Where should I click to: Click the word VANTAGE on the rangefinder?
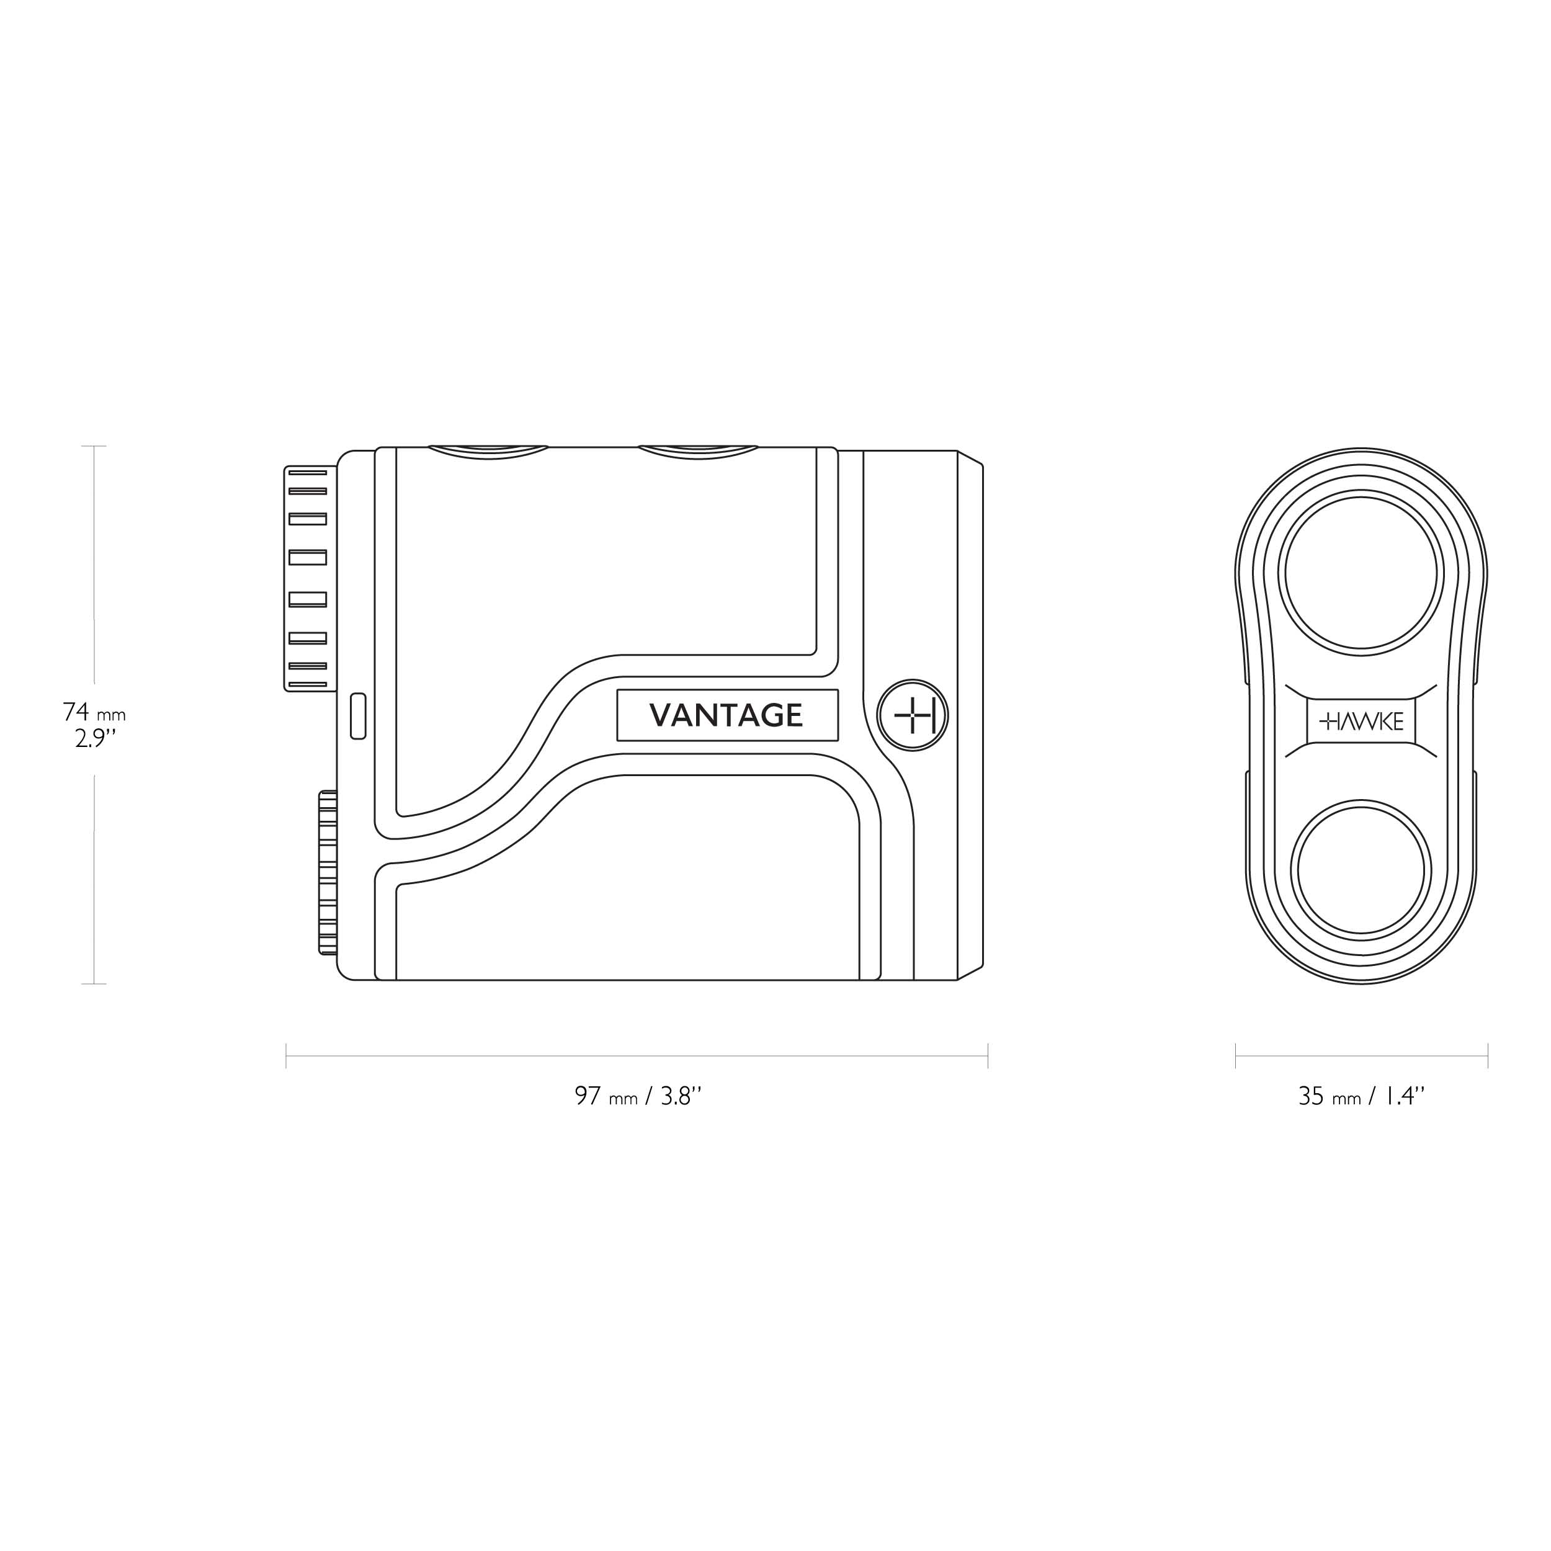(726, 715)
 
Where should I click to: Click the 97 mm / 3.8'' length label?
(638, 1096)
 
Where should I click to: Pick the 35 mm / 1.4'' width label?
(1362, 1096)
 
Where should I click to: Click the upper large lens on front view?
(1362, 573)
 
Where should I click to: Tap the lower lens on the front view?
(1362, 870)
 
